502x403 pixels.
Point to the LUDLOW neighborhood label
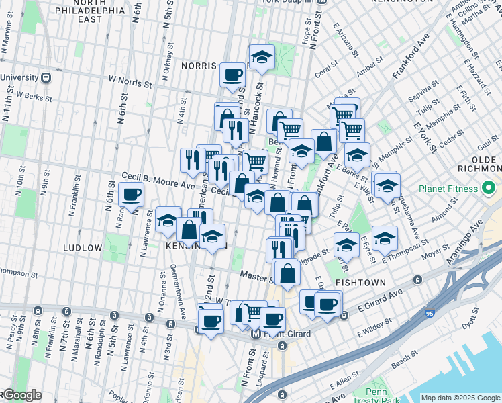tap(83, 248)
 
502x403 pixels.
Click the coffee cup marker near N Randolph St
tap(131, 195)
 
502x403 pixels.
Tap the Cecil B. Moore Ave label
tap(158, 180)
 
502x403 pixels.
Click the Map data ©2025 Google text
tap(460, 398)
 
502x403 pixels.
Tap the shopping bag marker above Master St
tap(287, 272)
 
